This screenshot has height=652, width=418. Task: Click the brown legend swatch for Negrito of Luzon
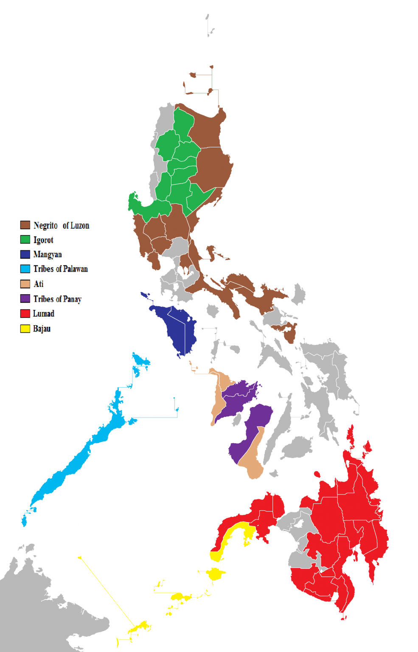pyautogui.click(x=25, y=225)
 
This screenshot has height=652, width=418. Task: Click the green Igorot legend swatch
pyautogui.click(x=25, y=239)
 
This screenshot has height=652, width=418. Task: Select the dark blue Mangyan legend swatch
pyautogui.click(x=25, y=254)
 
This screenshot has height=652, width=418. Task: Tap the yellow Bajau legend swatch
pyautogui.click(x=25, y=329)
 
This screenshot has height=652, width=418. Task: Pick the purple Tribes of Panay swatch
pyautogui.click(x=25, y=298)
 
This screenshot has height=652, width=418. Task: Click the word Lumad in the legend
pyautogui.click(x=44, y=314)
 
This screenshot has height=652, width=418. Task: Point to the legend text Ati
pyautogui.click(x=39, y=284)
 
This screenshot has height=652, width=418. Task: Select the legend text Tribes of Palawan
pyautogui.click(x=61, y=269)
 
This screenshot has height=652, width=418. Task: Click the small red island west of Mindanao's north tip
pyautogui.click(x=317, y=474)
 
